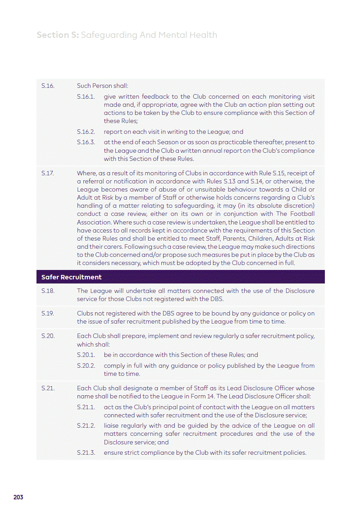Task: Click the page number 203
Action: tap(18, 497)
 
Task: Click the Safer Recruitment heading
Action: tap(71, 277)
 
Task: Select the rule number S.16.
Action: tap(47, 86)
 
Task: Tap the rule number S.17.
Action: tap(47, 173)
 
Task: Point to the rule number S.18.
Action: tap(47, 291)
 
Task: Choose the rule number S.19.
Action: tap(47, 313)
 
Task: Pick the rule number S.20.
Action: tap(48, 336)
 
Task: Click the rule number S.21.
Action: tap(47, 388)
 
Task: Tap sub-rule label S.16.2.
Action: tap(86, 132)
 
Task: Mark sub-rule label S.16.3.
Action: tap(86, 142)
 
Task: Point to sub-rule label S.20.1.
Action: tap(86, 355)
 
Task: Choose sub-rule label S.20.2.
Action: tap(86, 366)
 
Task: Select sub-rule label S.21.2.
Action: tap(86, 425)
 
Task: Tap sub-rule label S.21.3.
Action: tap(86, 453)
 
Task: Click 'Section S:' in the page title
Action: tap(57, 35)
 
